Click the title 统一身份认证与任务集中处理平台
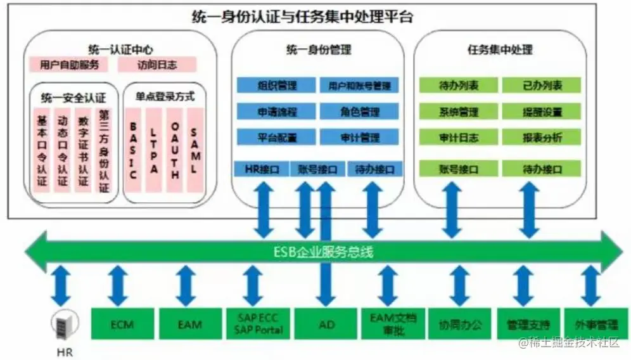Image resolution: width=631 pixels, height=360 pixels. coord(302,16)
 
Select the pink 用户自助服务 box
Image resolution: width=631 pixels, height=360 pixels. coord(69,65)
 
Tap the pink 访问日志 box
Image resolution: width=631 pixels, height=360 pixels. coord(157,65)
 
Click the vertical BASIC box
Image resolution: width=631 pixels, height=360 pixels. coord(133,151)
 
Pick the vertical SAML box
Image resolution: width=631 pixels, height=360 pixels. coord(194,151)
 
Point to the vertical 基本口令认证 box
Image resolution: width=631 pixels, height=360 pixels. coord(42,151)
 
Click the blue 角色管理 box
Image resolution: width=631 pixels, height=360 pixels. coord(359,112)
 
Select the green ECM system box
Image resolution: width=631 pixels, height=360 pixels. coord(122,324)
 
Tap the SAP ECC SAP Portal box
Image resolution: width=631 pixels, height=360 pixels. coord(258,324)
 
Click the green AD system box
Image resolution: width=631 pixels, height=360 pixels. coord(325,324)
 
